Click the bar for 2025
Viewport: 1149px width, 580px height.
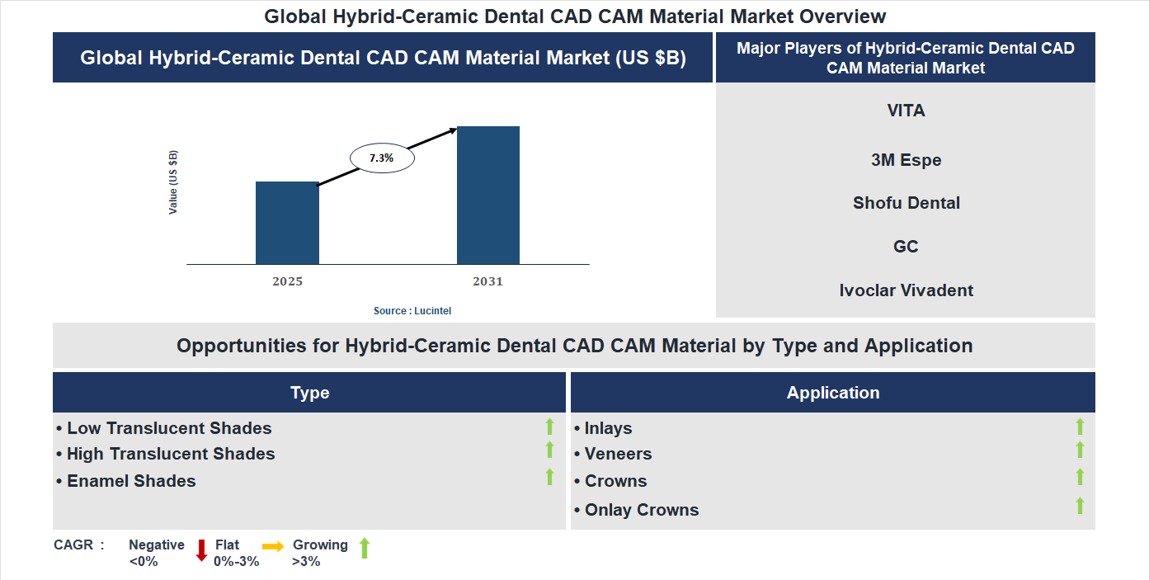coord(287,223)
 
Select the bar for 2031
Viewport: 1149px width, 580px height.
coord(488,196)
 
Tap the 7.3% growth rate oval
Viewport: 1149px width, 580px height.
coord(382,158)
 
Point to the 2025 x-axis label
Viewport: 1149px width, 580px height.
coord(287,281)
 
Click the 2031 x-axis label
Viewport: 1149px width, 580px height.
coord(487,281)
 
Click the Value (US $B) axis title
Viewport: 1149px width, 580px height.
coord(173,182)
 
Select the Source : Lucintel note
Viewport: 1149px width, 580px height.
coord(412,311)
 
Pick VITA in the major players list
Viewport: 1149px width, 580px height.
coord(906,111)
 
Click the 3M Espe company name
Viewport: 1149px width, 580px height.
coord(906,160)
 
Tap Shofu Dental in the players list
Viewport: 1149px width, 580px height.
coord(906,203)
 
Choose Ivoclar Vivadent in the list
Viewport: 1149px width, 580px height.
coord(906,290)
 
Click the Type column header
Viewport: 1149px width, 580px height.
coord(309,393)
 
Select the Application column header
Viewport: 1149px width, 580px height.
coord(833,393)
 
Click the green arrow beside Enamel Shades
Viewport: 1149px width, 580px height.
coord(549,477)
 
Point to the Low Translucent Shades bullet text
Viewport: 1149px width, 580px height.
coord(169,428)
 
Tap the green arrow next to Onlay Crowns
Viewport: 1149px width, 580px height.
coord(1080,506)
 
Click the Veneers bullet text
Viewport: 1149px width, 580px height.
coord(618,454)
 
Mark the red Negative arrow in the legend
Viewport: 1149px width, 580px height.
coord(200,550)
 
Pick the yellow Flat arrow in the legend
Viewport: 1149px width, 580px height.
coord(273,546)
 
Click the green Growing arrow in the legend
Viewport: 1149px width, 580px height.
coord(364,548)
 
